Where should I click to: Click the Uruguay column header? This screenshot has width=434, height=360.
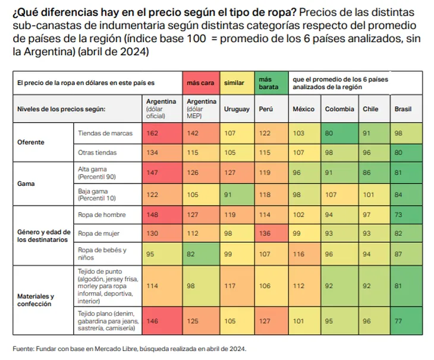point(237,109)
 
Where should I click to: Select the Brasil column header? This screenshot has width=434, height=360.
point(403,109)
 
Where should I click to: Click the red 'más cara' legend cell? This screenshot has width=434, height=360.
point(200,83)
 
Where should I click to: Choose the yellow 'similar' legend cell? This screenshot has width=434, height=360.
point(234,83)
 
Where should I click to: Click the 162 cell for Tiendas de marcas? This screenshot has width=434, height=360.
point(152,133)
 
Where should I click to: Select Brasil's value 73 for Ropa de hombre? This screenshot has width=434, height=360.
point(398,214)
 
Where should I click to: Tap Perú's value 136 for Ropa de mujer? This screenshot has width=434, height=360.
point(265,233)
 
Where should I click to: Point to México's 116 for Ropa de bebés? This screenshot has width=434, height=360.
point(299,254)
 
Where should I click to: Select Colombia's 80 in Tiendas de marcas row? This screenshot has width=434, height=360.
point(329,133)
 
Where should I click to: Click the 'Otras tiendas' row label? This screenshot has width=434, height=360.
point(97,153)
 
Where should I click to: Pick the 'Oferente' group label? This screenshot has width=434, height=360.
point(32,143)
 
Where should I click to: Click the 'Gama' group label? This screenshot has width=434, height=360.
point(27,184)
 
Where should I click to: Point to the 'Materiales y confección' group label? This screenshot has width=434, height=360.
point(36,300)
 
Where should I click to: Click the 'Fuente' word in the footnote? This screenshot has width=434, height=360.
point(23,348)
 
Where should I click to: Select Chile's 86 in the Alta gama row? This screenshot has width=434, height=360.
point(367,173)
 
